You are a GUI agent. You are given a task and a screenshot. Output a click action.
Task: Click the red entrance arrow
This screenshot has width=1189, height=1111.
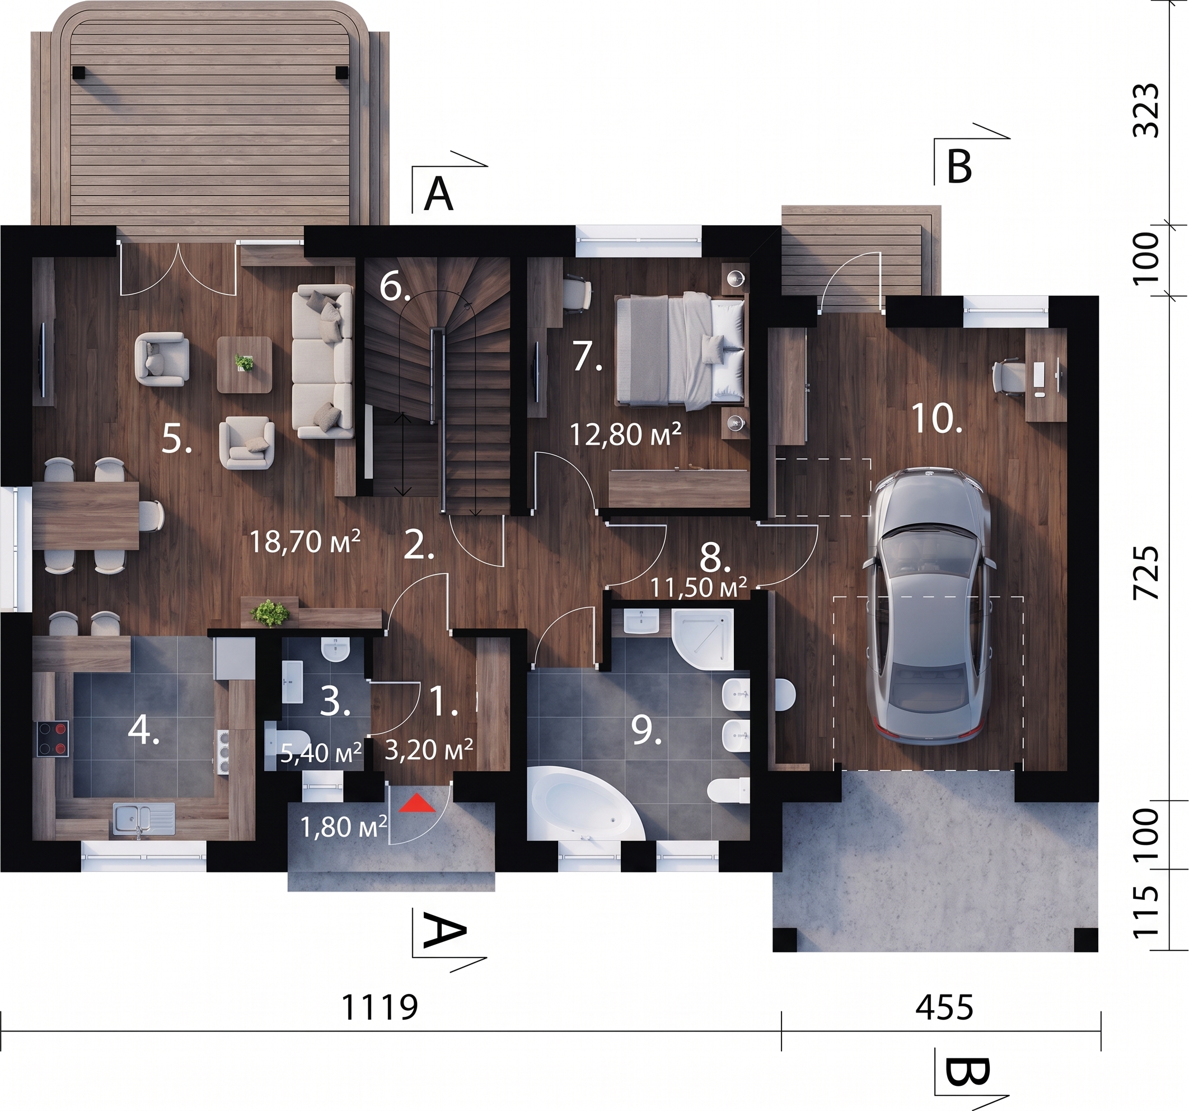pyautogui.click(x=418, y=804)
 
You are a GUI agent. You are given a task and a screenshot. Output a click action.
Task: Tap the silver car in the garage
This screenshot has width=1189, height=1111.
pyautogui.click(x=927, y=607)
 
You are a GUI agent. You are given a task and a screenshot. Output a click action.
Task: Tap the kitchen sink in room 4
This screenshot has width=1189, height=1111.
pyautogui.click(x=143, y=818)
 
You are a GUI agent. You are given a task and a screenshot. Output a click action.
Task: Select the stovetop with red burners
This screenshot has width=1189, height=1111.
pyautogui.click(x=53, y=738)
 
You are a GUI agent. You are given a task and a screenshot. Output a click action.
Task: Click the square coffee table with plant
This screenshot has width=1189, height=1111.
pyautogui.click(x=244, y=365)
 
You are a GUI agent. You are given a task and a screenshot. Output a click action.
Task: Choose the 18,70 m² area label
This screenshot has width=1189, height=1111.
pyautogui.click(x=305, y=542)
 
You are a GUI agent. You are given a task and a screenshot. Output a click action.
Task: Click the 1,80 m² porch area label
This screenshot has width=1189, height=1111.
pyautogui.click(x=343, y=827)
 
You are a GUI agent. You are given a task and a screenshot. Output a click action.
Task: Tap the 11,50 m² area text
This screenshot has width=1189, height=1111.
pyautogui.click(x=699, y=588)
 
